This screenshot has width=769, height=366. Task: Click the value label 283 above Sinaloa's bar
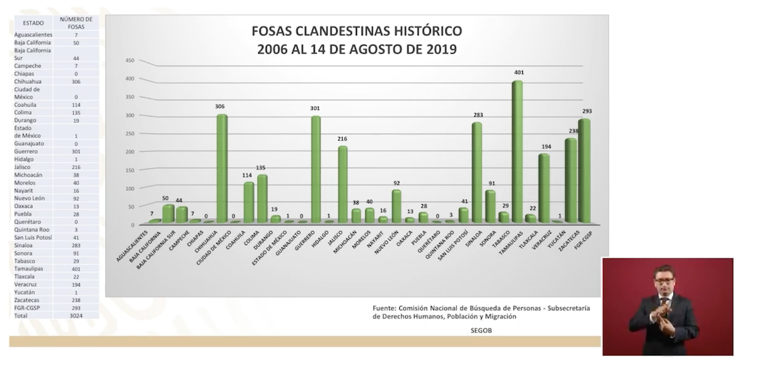(x=477, y=115)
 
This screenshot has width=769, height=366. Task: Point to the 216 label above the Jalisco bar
(x=343, y=139)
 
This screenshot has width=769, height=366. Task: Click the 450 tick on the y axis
(x=129, y=60)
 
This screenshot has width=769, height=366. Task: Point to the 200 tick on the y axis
(x=129, y=152)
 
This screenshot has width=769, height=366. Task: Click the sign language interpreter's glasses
(x=665, y=277)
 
